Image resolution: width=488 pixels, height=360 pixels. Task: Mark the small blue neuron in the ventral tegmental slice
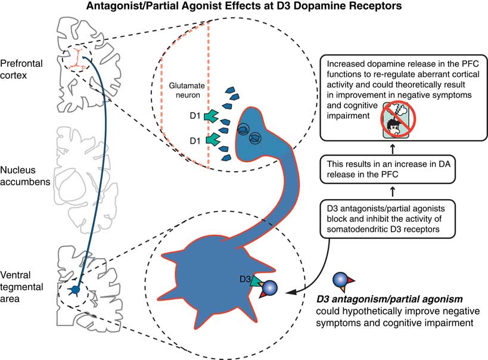pos(76,289)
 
